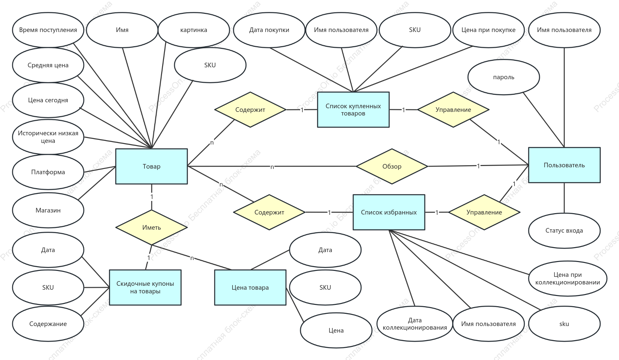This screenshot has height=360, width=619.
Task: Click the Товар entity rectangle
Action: pyautogui.click(x=151, y=166)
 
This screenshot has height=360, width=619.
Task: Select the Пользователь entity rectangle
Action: pyautogui.click(x=564, y=165)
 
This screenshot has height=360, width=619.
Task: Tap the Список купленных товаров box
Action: pyautogui.click(x=353, y=110)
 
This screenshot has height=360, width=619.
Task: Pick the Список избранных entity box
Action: pyautogui.click(x=389, y=212)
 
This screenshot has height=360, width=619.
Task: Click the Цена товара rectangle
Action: pyautogui.click(x=250, y=287)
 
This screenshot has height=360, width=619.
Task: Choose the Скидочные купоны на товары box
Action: pyautogui.click(x=145, y=287)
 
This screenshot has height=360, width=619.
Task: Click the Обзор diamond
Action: pyautogui.click(x=392, y=166)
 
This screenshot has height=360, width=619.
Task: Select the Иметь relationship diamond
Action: pyautogui.click(x=151, y=227)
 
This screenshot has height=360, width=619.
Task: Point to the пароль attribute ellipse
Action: pyautogui.click(x=504, y=77)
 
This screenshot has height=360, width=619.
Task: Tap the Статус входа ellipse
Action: pyautogui.click(x=564, y=231)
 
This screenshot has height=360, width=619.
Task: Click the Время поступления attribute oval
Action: pyautogui.click(x=48, y=30)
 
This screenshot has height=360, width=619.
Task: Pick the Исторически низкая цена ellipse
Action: pyautogui.click(x=48, y=137)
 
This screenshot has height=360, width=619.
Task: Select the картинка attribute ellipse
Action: pyautogui.click(x=194, y=30)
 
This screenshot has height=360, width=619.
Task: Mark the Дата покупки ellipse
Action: pyautogui.click(x=269, y=30)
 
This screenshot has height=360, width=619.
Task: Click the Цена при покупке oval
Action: pyautogui.click(x=488, y=30)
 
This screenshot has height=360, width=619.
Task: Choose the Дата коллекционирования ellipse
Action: pyautogui.click(x=415, y=324)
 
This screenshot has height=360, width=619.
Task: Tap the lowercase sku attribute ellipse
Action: pyautogui.click(x=564, y=324)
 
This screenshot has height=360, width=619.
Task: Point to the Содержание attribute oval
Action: pyautogui.click(x=48, y=324)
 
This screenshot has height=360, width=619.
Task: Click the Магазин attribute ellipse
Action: pyautogui.click(x=48, y=210)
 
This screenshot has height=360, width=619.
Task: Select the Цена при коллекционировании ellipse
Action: pyautogui.click(x=568, y=278)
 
